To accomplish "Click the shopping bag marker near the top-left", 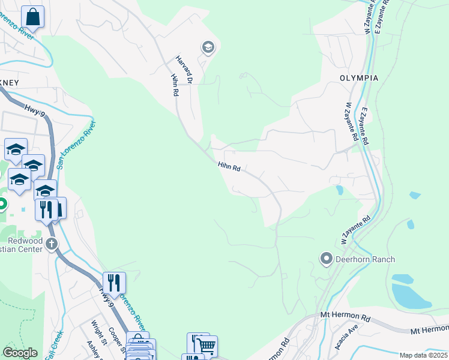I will (x=33, y=17).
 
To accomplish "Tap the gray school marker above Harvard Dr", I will (x=208, y=47).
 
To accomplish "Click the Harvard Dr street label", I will (x=184, y=69).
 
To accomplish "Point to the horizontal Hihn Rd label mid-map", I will (x=229, y=167).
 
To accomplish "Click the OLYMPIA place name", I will (x=359, y=79).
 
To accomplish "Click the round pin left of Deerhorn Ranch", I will (x=327, y=259).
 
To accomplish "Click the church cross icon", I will (x=52, y=244).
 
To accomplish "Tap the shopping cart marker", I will (x=205, y=346).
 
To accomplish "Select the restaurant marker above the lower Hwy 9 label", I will (x=114, y=282).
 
